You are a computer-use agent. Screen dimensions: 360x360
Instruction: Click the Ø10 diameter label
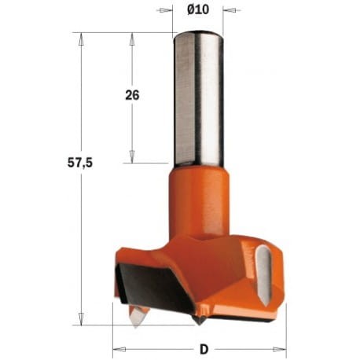tap(198, 10)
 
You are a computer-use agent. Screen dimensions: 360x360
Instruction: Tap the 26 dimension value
tap(132, 95)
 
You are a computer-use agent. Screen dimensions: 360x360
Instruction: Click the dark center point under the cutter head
tap(200, 319)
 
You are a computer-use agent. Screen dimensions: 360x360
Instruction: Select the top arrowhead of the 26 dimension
tap(131, 38)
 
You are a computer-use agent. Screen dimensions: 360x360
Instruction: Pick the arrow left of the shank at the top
tap(167, 10)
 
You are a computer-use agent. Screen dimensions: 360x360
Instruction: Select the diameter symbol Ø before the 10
tap(190, 10)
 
